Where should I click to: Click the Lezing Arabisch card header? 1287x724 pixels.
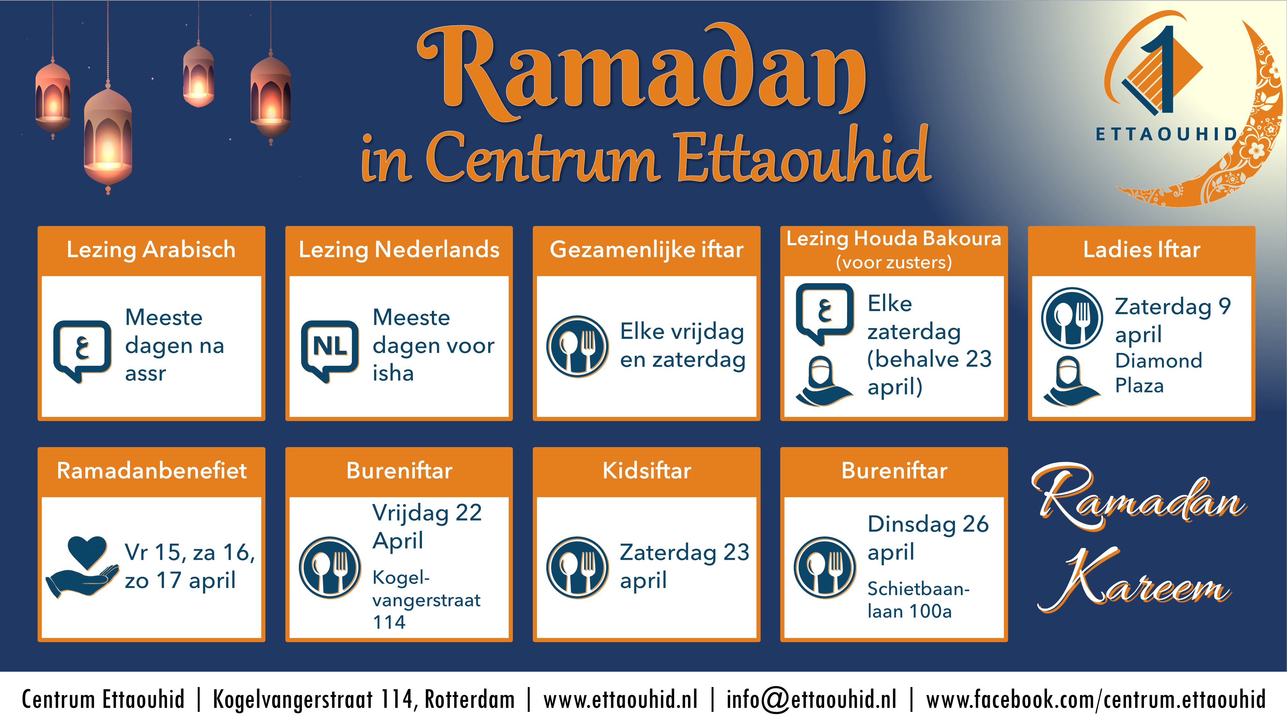[x=151, y=249]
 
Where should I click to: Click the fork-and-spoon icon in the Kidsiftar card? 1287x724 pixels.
[x=577, y=568]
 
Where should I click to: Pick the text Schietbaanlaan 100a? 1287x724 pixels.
[x=918, y=600]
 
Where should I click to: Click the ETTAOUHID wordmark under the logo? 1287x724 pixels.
[x=1166, y=134]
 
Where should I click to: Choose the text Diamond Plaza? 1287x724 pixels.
[x=1158, y=373]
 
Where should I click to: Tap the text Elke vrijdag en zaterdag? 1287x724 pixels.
[x=683, y=345]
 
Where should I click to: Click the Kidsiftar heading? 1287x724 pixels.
[x=647, y=470]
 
